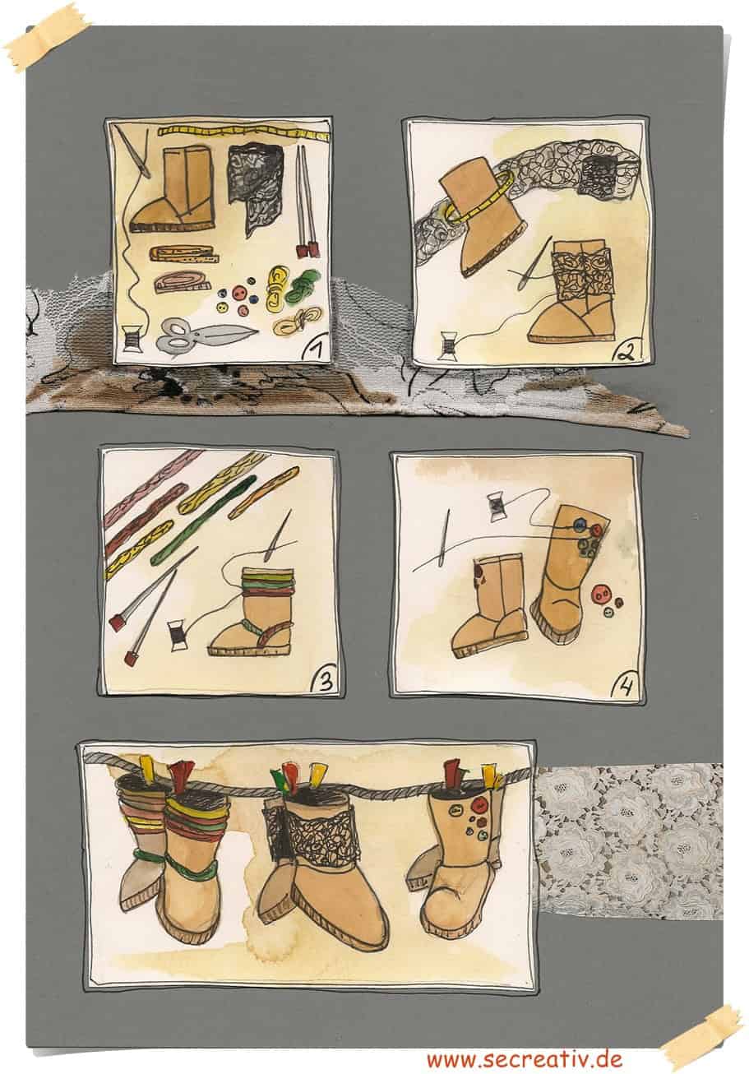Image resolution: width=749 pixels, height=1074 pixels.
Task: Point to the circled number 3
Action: click(x=324, y=680)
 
